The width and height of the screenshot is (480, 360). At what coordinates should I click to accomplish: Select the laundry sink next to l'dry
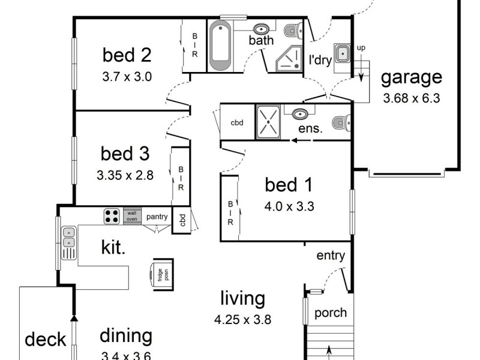point(343,53)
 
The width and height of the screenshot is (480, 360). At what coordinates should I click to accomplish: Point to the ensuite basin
point(300,113)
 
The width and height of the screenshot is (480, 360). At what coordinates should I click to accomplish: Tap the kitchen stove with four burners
point(112,215)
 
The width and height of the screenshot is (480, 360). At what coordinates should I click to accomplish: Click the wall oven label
point(131,215)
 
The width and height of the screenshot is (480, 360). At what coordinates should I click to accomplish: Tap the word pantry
point(157,216)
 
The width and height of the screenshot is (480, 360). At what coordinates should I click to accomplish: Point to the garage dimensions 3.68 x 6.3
point(412,98)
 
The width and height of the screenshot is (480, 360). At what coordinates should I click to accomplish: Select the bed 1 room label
point(289,185)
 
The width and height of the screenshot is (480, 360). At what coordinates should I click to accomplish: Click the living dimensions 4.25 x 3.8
point(242,320)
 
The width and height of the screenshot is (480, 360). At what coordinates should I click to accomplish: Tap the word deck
point(45,340)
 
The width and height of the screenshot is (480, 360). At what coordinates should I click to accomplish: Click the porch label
point(331,313)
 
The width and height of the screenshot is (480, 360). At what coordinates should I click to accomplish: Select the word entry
point(331,256)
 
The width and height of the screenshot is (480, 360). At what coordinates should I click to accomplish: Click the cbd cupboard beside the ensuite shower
point(237,122)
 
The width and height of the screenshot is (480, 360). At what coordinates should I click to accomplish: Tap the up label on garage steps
point(361,47)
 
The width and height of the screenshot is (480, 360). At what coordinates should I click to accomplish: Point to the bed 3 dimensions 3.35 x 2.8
point(125,176)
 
